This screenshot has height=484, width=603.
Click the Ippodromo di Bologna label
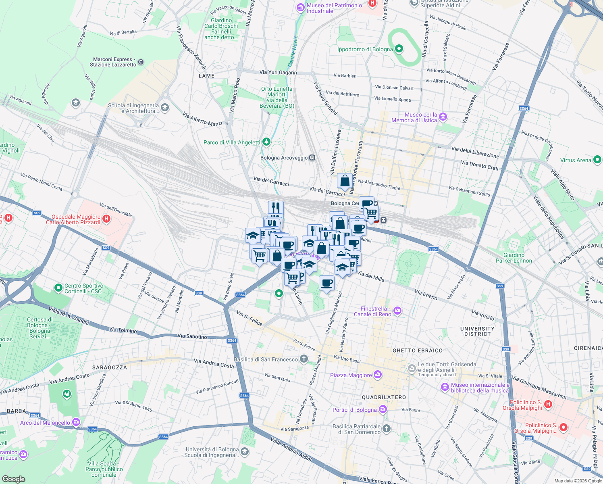click(x=365, y=50)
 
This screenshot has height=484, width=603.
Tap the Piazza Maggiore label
click(x=351, y=376)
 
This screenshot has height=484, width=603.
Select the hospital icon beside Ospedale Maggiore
click(x=106, y=219)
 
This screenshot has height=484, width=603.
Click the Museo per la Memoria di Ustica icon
click(x=443, y=117)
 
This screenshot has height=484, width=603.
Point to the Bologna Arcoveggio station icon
click(x=312, y=158)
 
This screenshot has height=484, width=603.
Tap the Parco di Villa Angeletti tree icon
click(x=266, y=142)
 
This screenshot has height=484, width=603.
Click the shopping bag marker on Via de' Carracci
click(x=345, y=181)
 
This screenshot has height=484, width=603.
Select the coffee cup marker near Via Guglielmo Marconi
click(x=327, y=282)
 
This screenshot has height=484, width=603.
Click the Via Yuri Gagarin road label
click(x=278, y=73)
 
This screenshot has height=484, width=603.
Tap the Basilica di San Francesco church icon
click(x=304, y=359)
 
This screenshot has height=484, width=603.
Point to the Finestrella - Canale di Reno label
click(x=372, y=311)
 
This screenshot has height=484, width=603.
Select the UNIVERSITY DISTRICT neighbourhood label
click(x=477, y=331)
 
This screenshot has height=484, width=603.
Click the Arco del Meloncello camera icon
click(x=76, y=422)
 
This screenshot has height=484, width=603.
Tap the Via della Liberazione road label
click(x=475, y=152)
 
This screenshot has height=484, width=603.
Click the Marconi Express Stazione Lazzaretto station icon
click(x=141, y=62)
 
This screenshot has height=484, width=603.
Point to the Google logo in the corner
click(x=13, y=479)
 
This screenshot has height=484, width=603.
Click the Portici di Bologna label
click(x=354, y=410)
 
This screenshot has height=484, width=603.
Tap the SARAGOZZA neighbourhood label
click(x=109, y=367)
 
